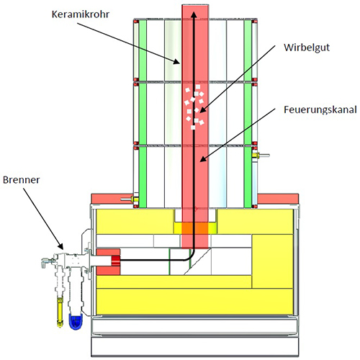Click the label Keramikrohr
pyautogui.click(x=81, y=14)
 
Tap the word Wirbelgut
pyautogui.click(x=307, y=48)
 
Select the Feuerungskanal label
pyautogui.click(x=320, y=109)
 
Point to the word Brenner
pyautogui.click(x=21, y=180)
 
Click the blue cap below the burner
pyautogui.click(x=76, y=321)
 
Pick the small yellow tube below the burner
pyautogui.click(x=60, y=312)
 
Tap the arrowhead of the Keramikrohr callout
pyautogui.click(x=177, y=62)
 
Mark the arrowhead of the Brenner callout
pyautogui.click(x=60, y=246)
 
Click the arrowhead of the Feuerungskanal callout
pyautogui.click(x=203, y=158)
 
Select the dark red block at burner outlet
pyautogui.click(x=115, y=261)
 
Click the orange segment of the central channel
pyautogui.click(x=195, y=228)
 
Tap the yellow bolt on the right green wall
pyautogui.click(x=255, y=156)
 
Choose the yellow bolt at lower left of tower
pyautogui.click(x=135, y=199)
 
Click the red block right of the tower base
pyautogui.click(x=278, y=199)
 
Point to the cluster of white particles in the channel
pyautogui.click(x=194, y=107)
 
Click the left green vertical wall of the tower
pyautogui.click(x=143, y=113)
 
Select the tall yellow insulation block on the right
pyautogui.click(x=272, y=261)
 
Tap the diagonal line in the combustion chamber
pyautogui.click(x=197, y=261)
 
